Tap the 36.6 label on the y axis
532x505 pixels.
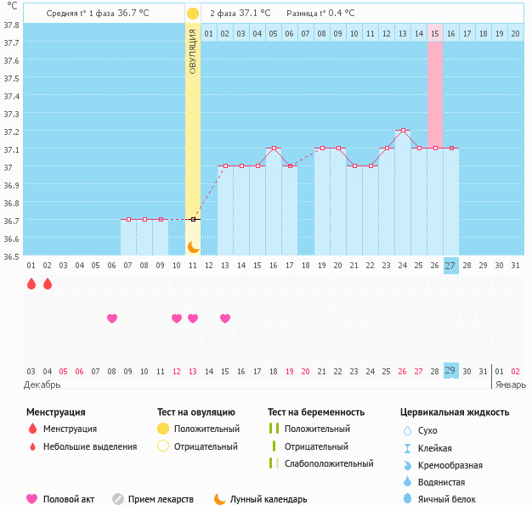12,238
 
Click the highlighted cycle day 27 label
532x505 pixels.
450,266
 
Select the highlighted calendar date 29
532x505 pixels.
450,371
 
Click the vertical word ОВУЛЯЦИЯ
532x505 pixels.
193,51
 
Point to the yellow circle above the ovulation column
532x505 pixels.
193,14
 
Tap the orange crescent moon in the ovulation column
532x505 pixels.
193,247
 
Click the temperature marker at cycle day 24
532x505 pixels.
403,131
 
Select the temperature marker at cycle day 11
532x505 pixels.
193,220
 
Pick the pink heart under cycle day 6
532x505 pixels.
112,318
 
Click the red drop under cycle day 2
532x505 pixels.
48,283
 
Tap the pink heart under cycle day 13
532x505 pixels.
225,318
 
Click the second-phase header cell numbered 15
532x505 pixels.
435,33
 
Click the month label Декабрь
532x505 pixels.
43,384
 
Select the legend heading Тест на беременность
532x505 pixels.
315,412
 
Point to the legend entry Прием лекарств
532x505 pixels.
160,499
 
